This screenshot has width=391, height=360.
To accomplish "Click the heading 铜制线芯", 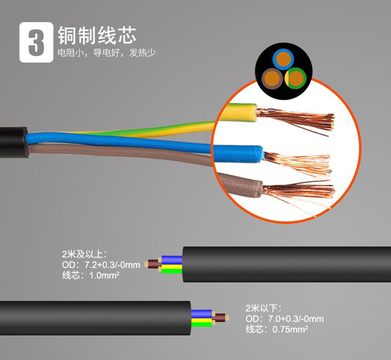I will click(97, 34).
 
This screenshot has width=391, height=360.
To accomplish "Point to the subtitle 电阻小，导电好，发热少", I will click(107, 53).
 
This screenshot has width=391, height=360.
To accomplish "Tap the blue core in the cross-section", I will click(284, 59).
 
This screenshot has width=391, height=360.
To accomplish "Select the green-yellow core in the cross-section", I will click(296, 79).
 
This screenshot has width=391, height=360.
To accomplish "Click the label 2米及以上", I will click(84, 255).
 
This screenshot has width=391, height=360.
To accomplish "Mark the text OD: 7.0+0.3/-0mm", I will click(285, 318).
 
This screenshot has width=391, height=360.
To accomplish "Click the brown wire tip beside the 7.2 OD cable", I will click(152, 264).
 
